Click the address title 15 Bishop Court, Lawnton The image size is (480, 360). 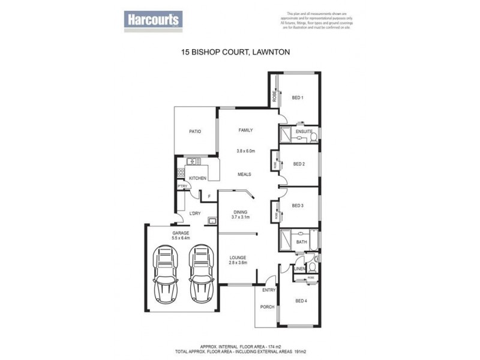[236, 52]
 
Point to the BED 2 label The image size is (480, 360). [299, 163]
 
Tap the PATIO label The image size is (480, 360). [194, 131]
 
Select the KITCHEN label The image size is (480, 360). [198, 178]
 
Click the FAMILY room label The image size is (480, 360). [246, 130]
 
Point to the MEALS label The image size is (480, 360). [244, 175]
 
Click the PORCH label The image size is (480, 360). [267, 307]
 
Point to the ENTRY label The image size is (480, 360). [267, 290]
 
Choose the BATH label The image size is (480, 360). [301, 242]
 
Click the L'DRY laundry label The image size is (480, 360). [194, 214]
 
